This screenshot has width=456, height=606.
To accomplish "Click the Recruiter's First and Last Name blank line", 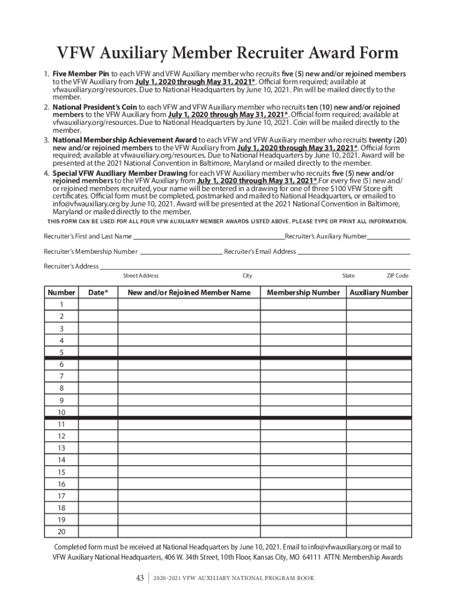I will pyautogui.click(x=208, y=237).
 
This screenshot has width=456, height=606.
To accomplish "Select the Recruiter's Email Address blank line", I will pyautogui.click(x=354, y=252).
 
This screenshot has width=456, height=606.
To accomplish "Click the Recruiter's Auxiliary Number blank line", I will pyautogui.click(x=388, y=237).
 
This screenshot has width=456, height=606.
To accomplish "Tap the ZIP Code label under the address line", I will pyautogui.click(x=397, y=276).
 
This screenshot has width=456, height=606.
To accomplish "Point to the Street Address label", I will pyautogui.click(x=140, y=276).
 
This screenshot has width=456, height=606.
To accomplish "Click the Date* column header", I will pyautogui.click(x=98, y=292).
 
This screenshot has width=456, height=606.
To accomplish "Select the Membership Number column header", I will pyautogui.click(x=303, y=292).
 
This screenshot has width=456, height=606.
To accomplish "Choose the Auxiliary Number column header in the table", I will pyautogui.click(x=379, y=292).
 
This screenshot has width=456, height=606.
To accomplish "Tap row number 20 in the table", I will pyautogui.click(x=61, y=532).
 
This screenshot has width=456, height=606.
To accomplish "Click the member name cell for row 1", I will pyautogui.click(x=189, y=304).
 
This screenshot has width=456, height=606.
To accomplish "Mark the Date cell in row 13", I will pyautogui.click(x=98, y=448).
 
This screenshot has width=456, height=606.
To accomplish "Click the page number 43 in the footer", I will pyautogui.click(x=140, y=578).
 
